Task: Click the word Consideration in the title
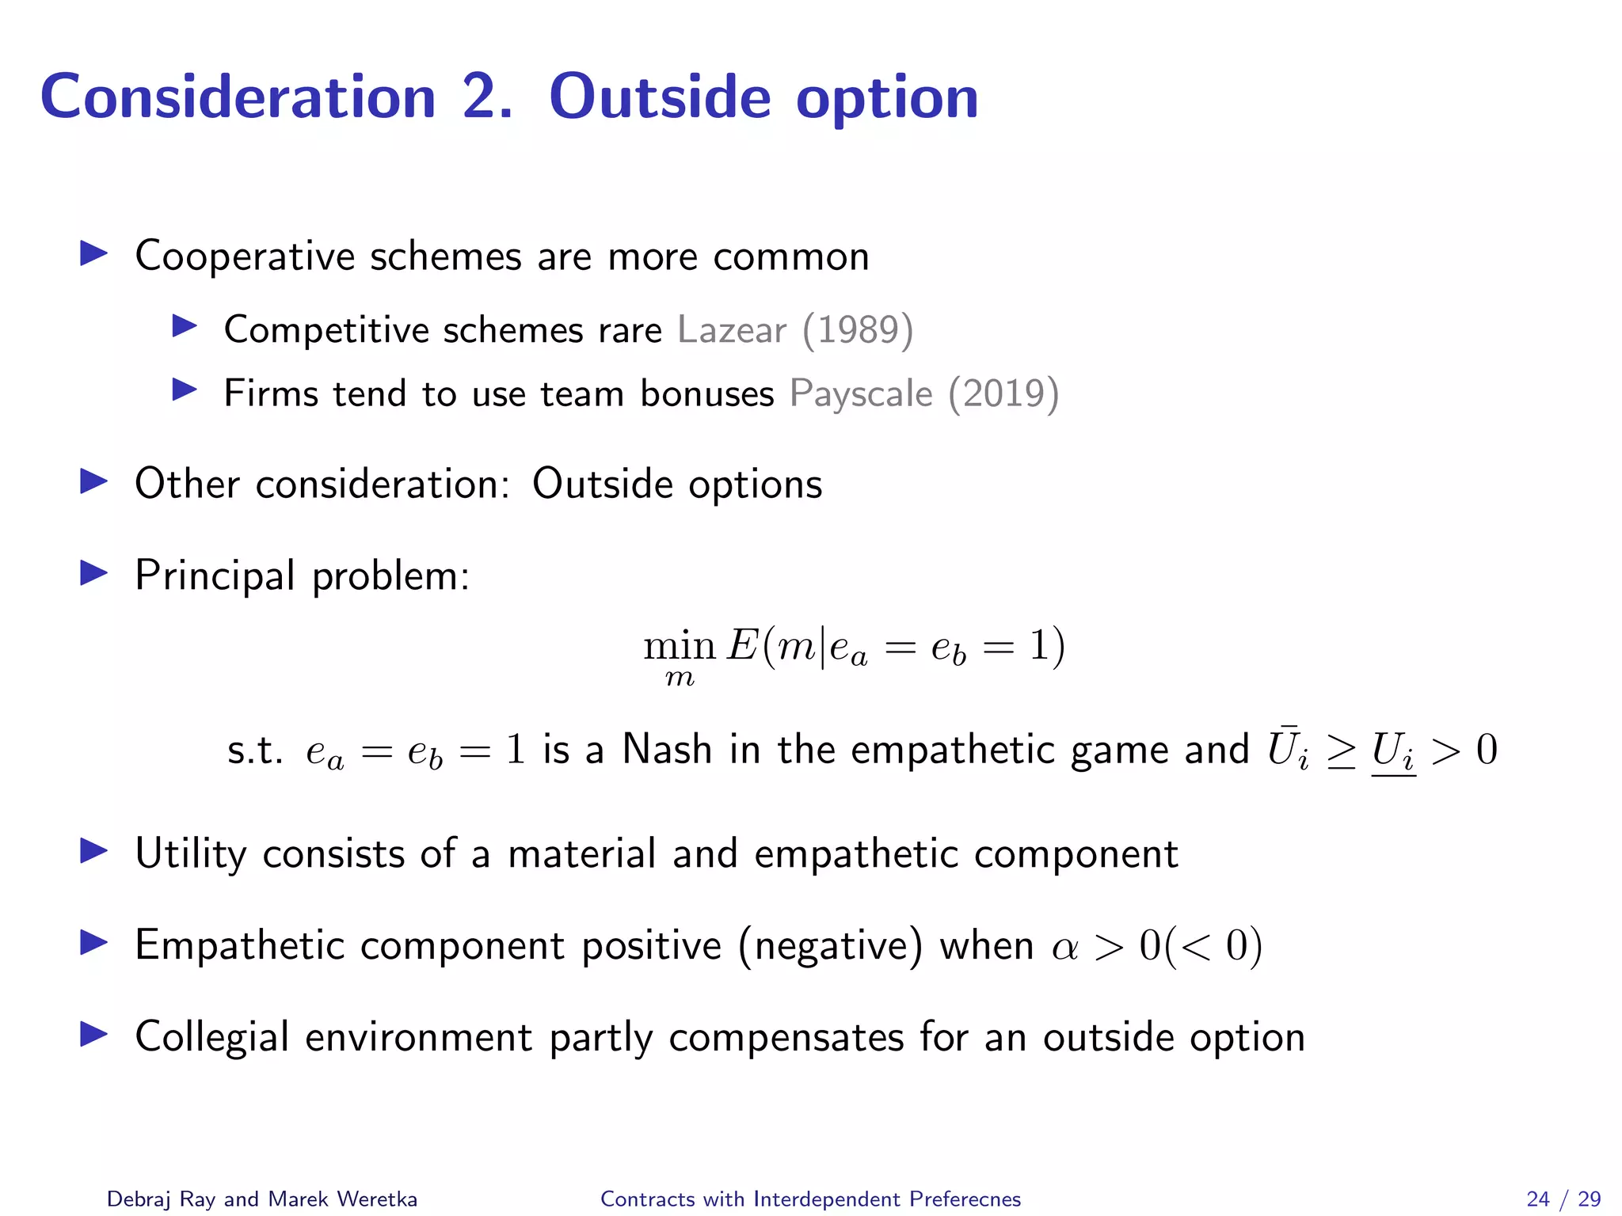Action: tap(238, 97)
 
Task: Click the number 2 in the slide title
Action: tap(485, 97)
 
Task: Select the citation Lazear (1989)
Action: tap(795, 329)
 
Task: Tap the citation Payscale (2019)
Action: tap(924, 393)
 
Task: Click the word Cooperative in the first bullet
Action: tap(245, 256)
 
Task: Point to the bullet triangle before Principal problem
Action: tap(93, 573)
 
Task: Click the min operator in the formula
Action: tap(679, 647)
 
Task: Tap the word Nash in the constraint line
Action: tap(667, 749)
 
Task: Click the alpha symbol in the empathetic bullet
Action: tap(1065, 948)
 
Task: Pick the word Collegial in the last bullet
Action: tap(211, 1037)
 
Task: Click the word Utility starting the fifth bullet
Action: tap(191, 854)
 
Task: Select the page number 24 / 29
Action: tap(1563, 1199)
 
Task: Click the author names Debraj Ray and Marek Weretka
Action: tap(262, 1199)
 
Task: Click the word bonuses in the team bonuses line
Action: tap(706, 393)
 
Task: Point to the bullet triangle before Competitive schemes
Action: tap(184, 326)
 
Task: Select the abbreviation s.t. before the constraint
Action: tap(254, 750)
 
